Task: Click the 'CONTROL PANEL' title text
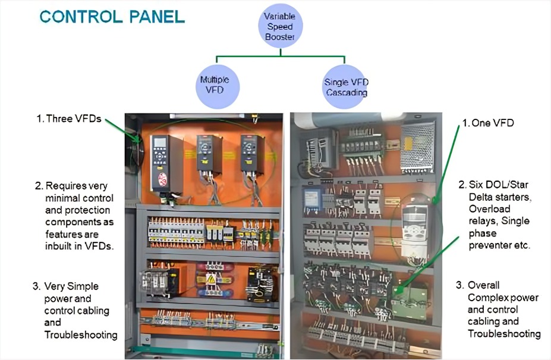[112, 16]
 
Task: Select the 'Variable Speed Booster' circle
[280, 27]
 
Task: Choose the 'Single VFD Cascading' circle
[345, 87]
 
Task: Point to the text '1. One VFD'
[488, 123]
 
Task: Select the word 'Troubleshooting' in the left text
[81, 335]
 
